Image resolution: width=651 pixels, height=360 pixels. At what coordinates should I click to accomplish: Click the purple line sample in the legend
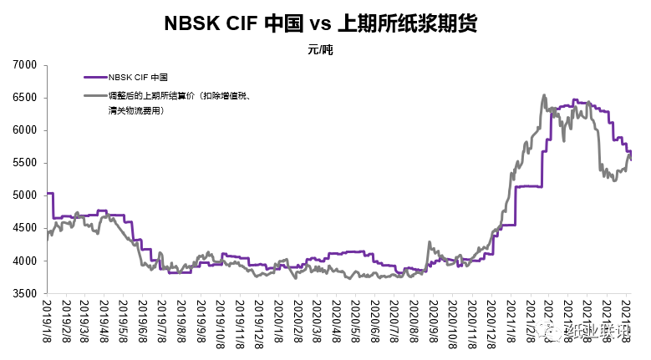[96, 78]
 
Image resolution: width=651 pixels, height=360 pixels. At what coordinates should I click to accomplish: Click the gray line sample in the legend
[96, 96]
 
